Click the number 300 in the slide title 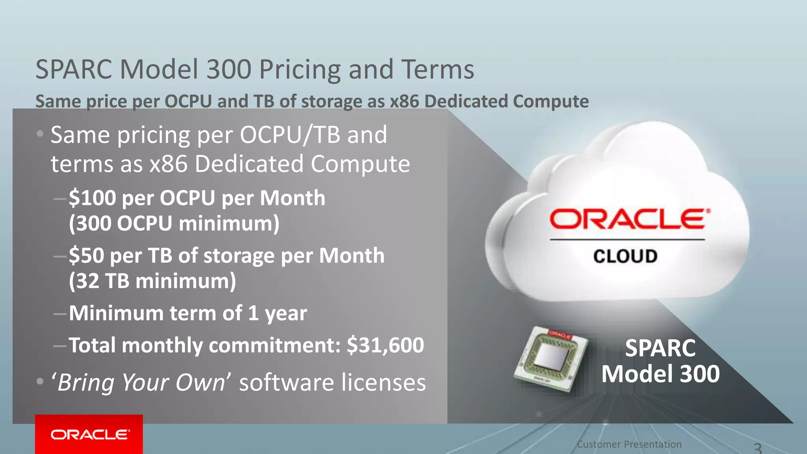(x=229, y=69)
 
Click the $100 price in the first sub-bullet (x=93, y=198)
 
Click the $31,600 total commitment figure (x=385, y=345)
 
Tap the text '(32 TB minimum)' (x=152, y=281)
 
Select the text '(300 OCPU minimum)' (x=174, y=223)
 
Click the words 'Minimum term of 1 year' (x=188, y=313)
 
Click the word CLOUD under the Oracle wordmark (x=625, y=256)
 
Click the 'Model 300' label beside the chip (x=660, y=374)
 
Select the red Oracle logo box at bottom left (x=89, y=434)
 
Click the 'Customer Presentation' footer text (x=629, y=445)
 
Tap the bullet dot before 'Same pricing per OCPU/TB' (x=40, y=134)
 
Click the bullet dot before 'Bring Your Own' (x=40, y=381)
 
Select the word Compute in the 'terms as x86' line (x=360, y=164)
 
